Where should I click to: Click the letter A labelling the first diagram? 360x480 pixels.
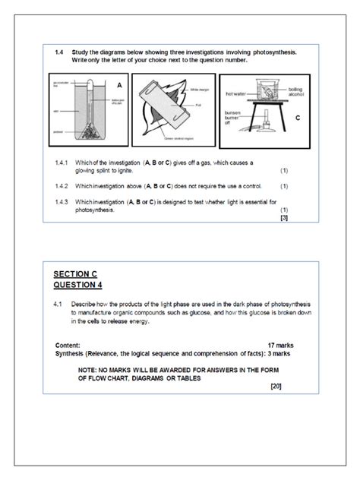coord(120,84)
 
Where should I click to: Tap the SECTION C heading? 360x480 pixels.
coord(76,273)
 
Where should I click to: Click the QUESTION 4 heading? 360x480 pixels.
coord(77,285)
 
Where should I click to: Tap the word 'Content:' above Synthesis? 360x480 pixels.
coord(71,345)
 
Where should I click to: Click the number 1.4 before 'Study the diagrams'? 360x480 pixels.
coord(58,52)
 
